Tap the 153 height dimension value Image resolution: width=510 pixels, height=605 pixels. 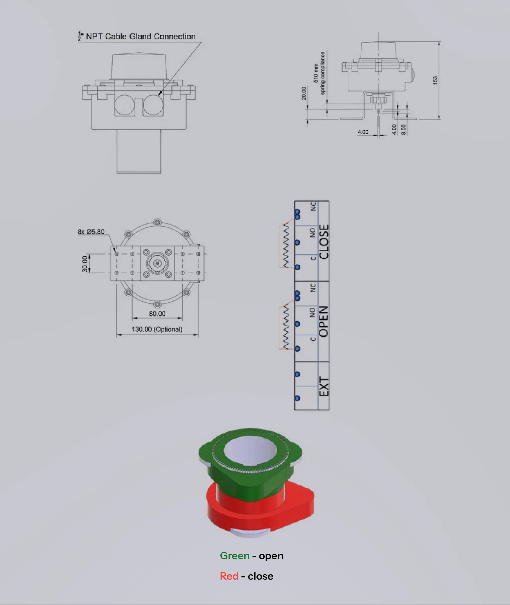tap(435, 80)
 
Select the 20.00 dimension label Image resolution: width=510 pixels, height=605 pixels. tap(304, 93)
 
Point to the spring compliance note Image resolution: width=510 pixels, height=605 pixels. tap(319, 73)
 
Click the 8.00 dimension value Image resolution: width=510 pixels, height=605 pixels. tap(404, 129)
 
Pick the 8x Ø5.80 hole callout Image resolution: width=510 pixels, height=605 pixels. tap(91, 232)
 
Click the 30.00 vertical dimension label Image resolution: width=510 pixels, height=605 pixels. tap(85, 264)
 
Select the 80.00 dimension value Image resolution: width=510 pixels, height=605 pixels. tap(157, 314)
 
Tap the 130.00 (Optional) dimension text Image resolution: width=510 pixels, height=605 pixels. tap(157, 329)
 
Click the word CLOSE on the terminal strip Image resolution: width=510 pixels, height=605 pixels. tap(324, 242)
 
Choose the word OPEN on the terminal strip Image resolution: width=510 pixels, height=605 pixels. tap(324, 321)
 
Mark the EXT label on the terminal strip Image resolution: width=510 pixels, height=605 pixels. tap(324, 386)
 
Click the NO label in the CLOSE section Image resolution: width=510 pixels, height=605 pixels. tap(313, 233)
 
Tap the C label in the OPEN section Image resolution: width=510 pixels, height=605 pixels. tap(313, 339)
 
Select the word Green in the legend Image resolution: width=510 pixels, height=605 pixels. tap(235, 556)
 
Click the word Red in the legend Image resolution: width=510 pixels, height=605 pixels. tap(229, 576)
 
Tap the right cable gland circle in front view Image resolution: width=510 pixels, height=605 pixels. tap(153, 104)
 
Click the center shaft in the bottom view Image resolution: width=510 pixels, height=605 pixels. tap(157, 263)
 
